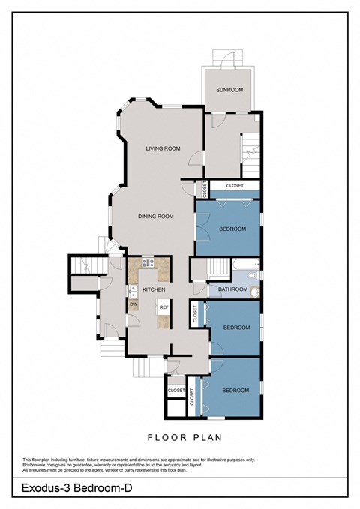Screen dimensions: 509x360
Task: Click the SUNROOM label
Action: click(x=229, y=90)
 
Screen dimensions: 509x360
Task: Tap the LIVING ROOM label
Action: click(x=163, y=148)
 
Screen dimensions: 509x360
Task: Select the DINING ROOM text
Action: click(x=155, y=217)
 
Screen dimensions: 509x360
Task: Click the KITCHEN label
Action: click(x=153, y=289)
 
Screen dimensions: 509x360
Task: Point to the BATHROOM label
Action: click(x=232, y=289)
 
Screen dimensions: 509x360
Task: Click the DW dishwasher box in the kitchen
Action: click(x=133, y=304)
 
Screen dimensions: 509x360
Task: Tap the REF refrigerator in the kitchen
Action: click(x=162, y=307)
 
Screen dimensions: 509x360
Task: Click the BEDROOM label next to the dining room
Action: click(x=232, y=229)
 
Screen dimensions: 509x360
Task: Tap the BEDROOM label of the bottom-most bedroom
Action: click(x=236, y=390)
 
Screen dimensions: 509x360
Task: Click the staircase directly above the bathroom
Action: click(x=218, y=266)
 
